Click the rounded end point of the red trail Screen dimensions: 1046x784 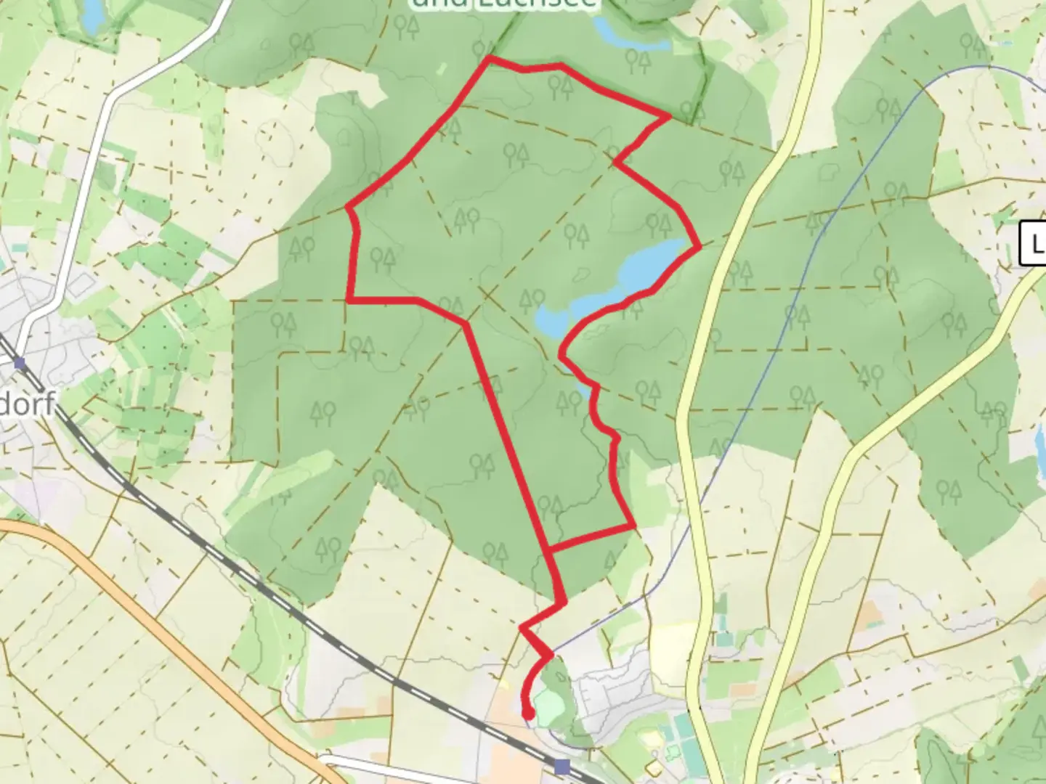pyautogui.click(x=528, y=715)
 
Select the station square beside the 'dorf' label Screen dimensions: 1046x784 pyautogui.click(x=19, y=363)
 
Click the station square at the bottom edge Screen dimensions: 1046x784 pyautogui.click(x=561, y=767)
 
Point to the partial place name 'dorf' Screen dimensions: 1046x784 pyautogui.click(x=28, y=404)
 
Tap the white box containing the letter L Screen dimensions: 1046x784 pyautogui.click(x=1034, y=243)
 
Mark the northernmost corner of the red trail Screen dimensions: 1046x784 pyautogui.click(x=490, y=57)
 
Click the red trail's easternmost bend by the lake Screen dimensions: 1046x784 pyautogui.click(x=699, y=248)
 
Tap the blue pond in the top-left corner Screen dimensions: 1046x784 pyautogui.click(x=92, y=16)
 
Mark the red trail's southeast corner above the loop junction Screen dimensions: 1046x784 pyautogui.click(x=633, y=525)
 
